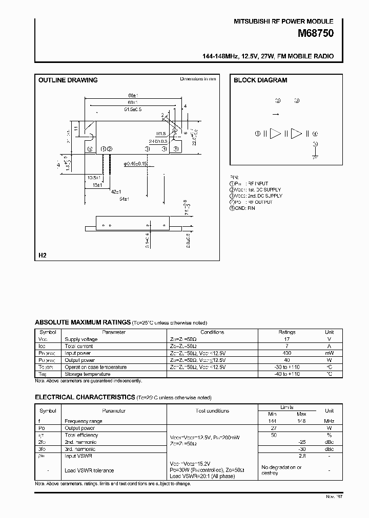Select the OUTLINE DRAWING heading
coord(68,80)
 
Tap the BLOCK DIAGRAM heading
coord(260,80)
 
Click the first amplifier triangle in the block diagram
coord(276,134)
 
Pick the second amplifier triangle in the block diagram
coord(296,134)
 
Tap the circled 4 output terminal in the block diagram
coord(316,134)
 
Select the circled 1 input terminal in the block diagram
coord(258,134)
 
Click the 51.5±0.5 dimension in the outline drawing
coord(133,110)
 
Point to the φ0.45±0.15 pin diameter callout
coord(135,163)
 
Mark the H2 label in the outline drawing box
coord(42,254)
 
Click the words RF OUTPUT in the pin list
coord(260,202)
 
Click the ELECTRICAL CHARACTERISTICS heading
coord(85,397)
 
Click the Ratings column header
coord(286,332)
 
